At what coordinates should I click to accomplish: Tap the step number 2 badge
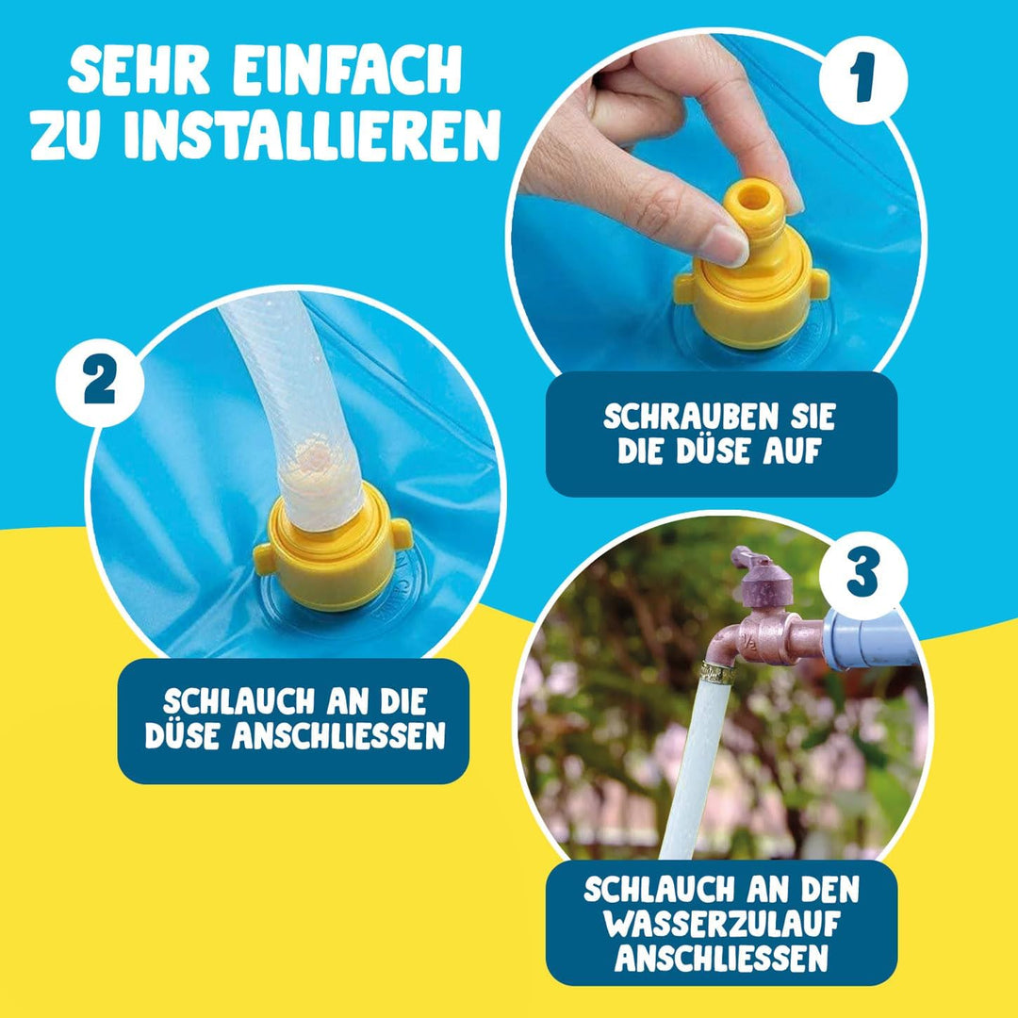(100, 383)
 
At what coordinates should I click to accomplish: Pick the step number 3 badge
(862, 571)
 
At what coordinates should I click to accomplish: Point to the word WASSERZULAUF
(721, 924)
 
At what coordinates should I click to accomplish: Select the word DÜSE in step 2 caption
(184, 735)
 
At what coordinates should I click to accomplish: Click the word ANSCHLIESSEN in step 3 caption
(721, 958)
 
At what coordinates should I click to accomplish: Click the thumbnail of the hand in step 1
(650, 141)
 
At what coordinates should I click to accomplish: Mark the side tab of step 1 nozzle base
(819, 281)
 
